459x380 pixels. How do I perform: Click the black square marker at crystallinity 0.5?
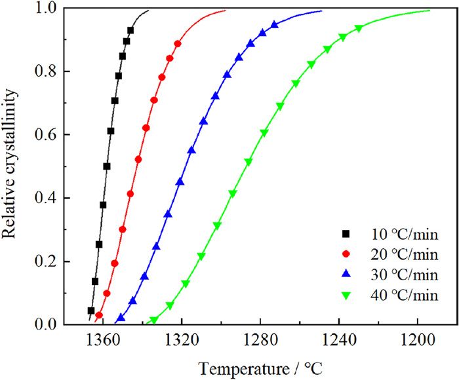point(107,166)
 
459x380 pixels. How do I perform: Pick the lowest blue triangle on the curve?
point(121,318)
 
